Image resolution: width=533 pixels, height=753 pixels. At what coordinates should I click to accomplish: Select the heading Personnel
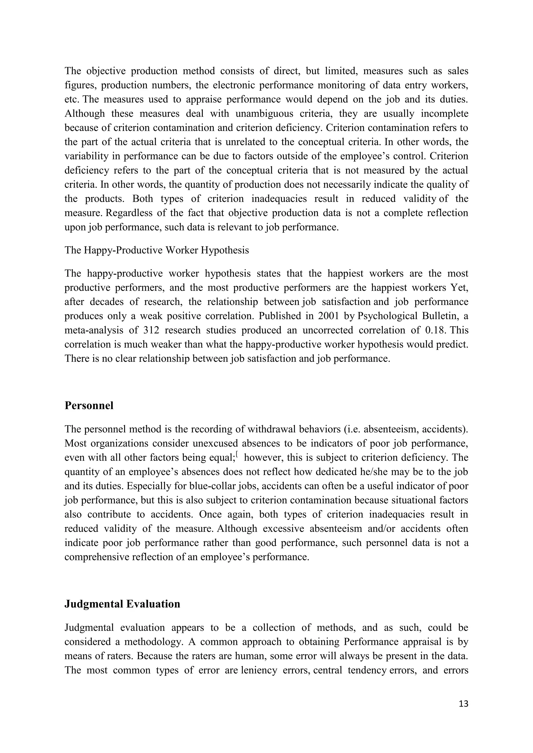(x=89, y=406)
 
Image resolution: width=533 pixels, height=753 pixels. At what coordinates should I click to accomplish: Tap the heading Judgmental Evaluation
(x=122, y=604)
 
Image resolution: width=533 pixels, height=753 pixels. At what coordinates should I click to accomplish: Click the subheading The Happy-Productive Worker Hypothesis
(x=157, y=250)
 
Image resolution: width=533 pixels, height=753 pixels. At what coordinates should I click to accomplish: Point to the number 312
(x=151, y=330)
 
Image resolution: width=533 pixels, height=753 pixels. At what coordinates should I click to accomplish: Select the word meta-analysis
(x=93, y=330)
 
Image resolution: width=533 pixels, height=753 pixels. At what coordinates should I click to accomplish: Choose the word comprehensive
(x=97, y=557)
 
